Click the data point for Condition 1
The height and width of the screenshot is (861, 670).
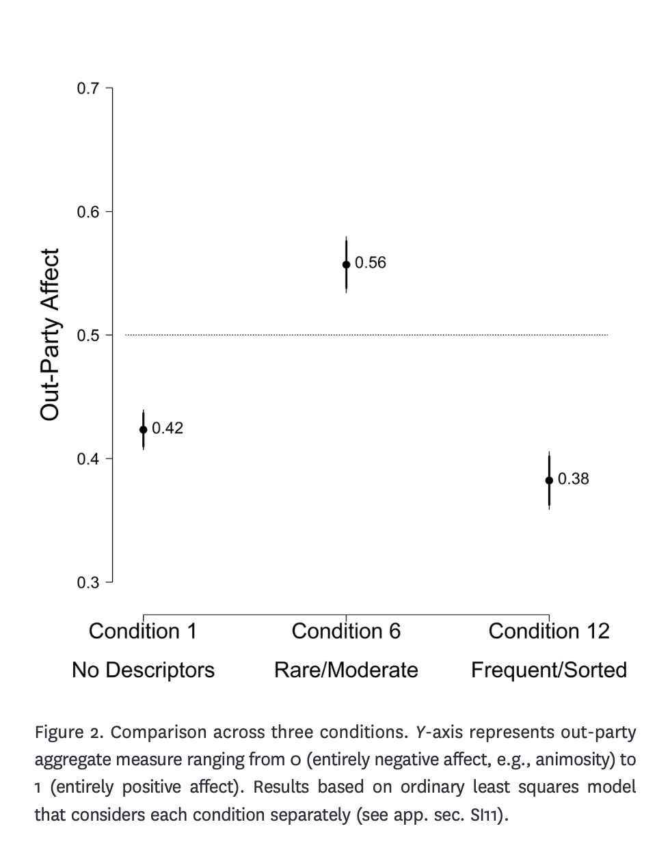point(143,429)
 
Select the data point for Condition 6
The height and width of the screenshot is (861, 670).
point(346,264)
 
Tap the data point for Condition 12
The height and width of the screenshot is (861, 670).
point(549,480)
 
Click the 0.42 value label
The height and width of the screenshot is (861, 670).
point(167,428)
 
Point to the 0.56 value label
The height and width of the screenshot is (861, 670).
point(371,263)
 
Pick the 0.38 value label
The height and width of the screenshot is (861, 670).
point(573,479)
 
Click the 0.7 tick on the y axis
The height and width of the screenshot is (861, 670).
point(88,89)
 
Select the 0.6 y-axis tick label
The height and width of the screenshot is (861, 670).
point(88,212)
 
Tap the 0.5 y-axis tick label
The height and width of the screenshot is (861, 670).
point(88,336)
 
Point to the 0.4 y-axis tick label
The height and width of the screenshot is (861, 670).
point(88,459)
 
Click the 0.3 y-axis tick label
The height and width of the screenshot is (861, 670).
point(88,583)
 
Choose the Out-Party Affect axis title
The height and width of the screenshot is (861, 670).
point(51,335)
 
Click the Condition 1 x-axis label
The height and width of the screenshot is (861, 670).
point(143,631)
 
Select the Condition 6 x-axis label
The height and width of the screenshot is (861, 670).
point(346,631)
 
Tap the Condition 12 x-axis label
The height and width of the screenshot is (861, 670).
point(549,631)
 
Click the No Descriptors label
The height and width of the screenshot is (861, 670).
point(143,670)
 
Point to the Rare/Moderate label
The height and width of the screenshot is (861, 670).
point(346,670)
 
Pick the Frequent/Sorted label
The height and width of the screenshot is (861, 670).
point(549,670)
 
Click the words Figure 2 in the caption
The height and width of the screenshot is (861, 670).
point(69,733)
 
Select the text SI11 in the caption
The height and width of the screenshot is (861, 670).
point(487,815)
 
